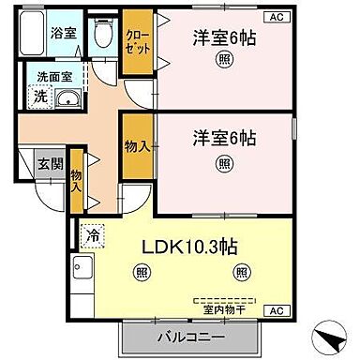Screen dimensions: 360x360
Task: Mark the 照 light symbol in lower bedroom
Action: [224, 164]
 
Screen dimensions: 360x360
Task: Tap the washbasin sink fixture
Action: [66, 99]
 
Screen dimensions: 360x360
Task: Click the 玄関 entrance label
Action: [49, 162]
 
